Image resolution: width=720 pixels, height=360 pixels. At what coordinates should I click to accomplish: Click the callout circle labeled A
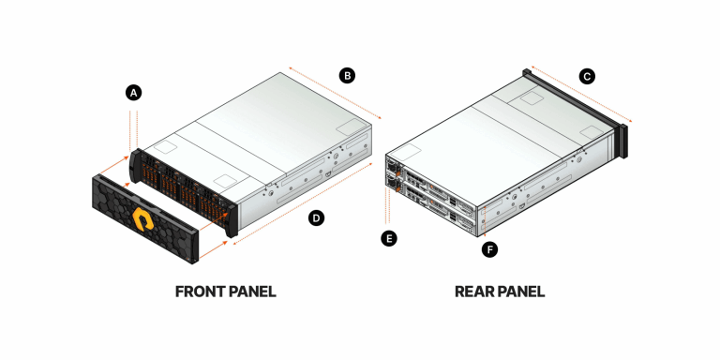click(x=134, y=92)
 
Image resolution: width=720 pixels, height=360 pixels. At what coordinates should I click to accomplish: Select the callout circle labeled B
click(x=347, y=75)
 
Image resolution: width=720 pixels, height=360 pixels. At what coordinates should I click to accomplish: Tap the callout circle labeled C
click(x=587, y=77)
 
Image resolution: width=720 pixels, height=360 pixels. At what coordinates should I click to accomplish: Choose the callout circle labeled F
click(x=487, y=249)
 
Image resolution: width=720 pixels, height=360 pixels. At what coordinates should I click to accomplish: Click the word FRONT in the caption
click(x=201, y=292)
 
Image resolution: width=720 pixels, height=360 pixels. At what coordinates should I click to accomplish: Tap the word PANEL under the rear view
click(x=521, y=292)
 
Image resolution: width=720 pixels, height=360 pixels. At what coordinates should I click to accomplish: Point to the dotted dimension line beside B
click(x=335, y=93)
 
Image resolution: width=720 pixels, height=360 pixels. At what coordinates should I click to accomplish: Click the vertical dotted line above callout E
click(x=387, y=208)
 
